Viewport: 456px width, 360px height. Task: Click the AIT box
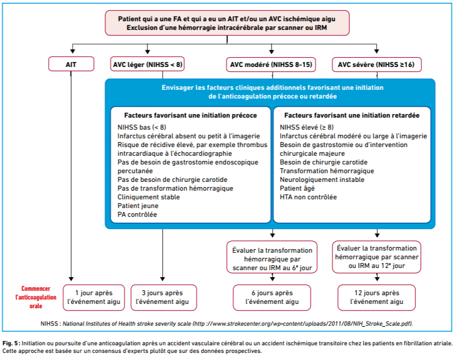71,64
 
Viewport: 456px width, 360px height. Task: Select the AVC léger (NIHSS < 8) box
147,64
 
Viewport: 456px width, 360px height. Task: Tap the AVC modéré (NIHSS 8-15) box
271,64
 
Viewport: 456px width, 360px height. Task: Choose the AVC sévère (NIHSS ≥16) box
377,64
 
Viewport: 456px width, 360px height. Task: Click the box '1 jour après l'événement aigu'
94,297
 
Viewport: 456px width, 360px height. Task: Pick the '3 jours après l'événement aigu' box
164,297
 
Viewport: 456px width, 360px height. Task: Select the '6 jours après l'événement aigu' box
272,297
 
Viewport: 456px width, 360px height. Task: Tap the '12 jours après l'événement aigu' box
377,297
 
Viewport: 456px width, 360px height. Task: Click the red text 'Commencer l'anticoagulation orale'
36,297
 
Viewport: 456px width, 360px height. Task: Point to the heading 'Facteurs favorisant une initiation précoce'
190,115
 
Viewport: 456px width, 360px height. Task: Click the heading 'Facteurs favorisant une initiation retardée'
352,115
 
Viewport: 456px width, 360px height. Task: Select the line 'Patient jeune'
138,206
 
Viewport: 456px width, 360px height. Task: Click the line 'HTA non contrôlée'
309,197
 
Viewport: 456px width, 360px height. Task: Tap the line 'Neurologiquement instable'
322,180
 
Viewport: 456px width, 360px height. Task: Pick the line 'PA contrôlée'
137,215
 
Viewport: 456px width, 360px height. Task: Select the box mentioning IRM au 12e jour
377,257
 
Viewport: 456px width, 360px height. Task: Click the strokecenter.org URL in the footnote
303,324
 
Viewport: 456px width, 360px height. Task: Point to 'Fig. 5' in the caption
10,344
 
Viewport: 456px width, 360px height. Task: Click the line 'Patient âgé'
297,188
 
